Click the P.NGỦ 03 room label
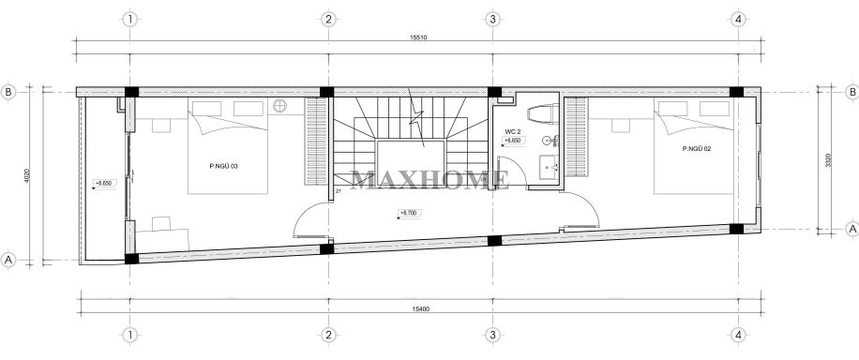224,166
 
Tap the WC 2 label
512,131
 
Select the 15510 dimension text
420,39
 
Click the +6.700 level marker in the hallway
407,214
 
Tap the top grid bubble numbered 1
131,18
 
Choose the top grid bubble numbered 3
491,18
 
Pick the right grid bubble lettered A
851,228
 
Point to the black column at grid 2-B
326,92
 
